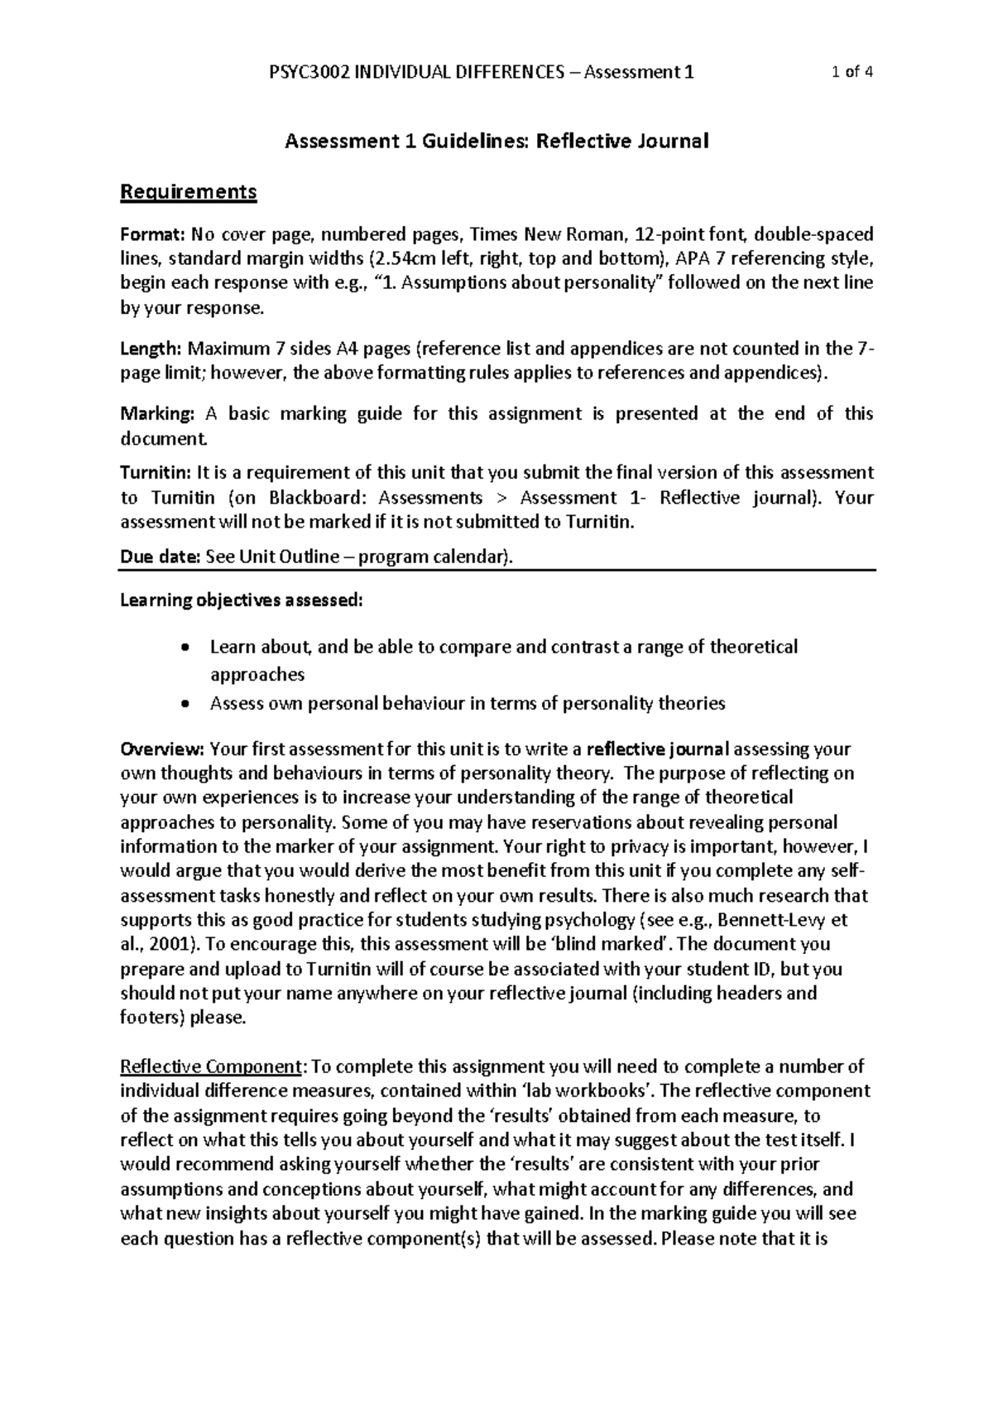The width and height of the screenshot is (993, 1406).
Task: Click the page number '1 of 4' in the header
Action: pyautogui.click(x=852, y=72)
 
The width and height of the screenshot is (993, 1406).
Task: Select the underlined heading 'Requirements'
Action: pyautogui.click(x=189, y=192)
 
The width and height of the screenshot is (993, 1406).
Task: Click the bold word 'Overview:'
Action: pyautogui.click(x=162, y=749)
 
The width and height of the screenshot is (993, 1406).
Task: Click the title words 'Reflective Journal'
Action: pyautogui.click(x=622, y=142)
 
